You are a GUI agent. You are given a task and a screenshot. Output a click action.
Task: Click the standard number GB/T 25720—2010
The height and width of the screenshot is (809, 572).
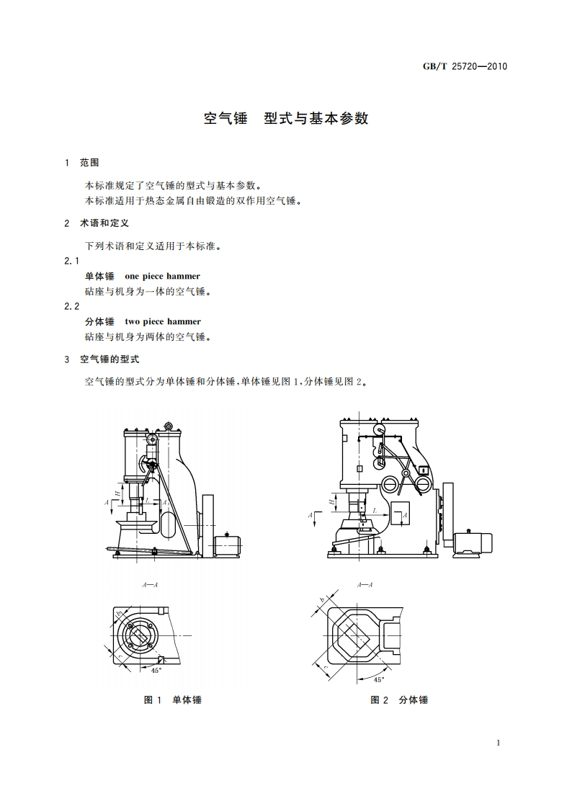pos(465,66)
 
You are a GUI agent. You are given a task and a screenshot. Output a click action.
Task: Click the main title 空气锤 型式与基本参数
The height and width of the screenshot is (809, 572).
pos(286,119)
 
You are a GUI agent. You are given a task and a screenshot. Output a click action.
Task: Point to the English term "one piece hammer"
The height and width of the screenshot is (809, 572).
pos(162,276)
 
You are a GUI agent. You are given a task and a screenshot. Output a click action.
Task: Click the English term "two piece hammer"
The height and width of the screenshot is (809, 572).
pos(163,321)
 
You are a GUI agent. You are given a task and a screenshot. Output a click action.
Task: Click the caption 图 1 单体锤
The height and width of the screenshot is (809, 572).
pos(173,700)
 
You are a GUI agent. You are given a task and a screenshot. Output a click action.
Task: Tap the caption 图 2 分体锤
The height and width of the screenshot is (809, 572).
pos(399,700)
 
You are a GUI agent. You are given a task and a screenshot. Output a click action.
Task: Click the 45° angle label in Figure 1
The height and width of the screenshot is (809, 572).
pos(156,670)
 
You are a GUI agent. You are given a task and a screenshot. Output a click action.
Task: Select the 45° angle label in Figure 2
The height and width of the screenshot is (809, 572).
pos(379,679)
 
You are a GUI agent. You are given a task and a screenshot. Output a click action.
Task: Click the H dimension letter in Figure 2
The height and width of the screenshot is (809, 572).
pos(331,499)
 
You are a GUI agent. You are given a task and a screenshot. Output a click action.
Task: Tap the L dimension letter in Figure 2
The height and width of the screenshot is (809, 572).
pos(375,509)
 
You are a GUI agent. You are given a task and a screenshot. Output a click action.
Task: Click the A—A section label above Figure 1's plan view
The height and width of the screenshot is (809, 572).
pos(151,585)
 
